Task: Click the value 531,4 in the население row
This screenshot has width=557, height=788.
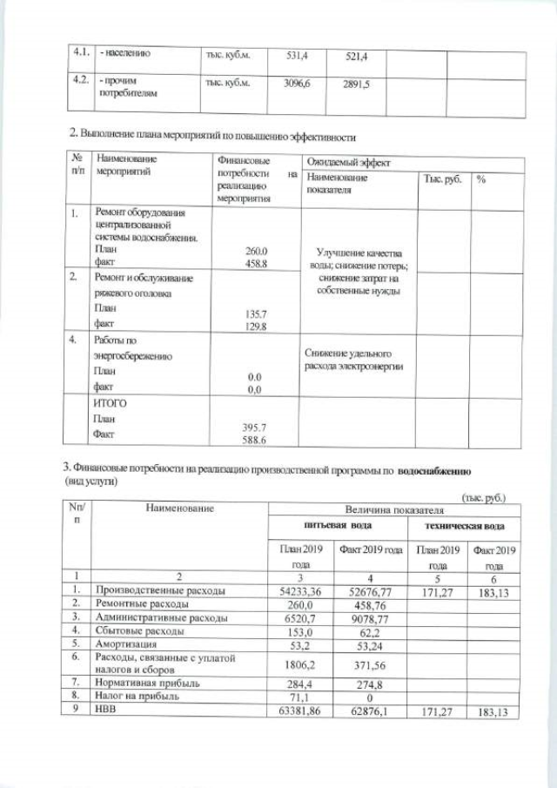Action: tap(299, 55)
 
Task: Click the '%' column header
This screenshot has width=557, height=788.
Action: tap(481, 179)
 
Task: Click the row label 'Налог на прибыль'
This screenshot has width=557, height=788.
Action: tap(137, 697)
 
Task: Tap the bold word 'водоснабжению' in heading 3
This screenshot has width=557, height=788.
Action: tap(435, 471)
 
